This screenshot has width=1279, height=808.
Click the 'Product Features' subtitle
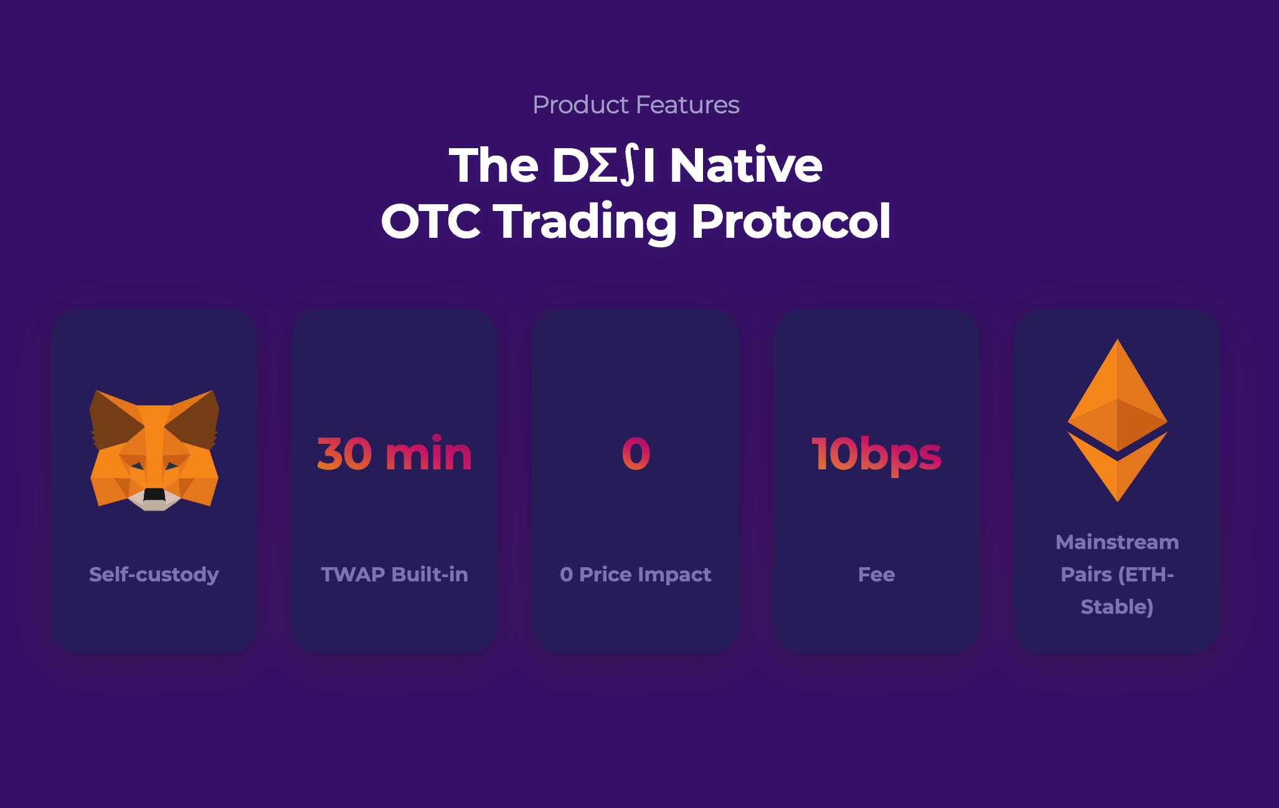point(636,105)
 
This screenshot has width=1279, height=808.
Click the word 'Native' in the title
point(745,166)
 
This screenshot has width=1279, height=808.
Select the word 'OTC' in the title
point(430,222)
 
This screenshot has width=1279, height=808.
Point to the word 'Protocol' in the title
point(791,222)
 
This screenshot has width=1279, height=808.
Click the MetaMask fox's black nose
point(154,495)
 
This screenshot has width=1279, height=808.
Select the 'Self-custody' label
point(154,574)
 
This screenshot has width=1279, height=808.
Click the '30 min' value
point(394,454)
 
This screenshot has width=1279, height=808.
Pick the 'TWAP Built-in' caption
point(394,574)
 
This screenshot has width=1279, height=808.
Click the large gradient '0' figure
point(636,454)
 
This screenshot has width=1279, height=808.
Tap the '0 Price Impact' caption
point(635,574)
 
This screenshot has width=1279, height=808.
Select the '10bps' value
point(876,454)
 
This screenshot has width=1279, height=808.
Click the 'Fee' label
point(876,574)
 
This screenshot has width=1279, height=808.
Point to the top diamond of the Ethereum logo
point(1117,398)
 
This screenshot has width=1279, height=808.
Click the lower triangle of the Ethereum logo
point(1117,473)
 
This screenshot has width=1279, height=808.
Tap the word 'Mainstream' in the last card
point(1117,542)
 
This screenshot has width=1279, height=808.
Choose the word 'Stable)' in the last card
point(1117,607)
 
